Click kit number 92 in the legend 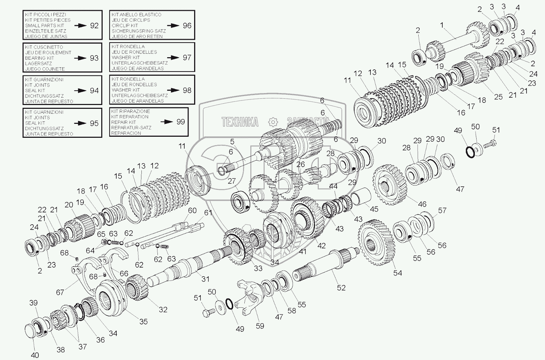pyautogui.click(x=94, y=25)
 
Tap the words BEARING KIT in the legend pyautogui.click(x=39, y=58)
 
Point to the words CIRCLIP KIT pyautogui.click(x=125, y=25)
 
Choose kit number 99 pyautogui.click(x=181, y=121)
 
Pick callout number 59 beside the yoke pyautogui.click(x=260, y=326)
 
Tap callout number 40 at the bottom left pyautogui.click(x=35, y=355)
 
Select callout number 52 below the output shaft pyautogui.click(x=341, y=287)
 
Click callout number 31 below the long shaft pyautogui.click(x=205, y=279)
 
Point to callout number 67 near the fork pyautogui.click(x=60, y=292)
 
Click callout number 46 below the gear pyautogui.click(x=422, y=204)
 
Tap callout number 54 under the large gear pyautogui.click(x=398, y=273)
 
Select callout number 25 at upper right pyautogui.click(x=498, y=97)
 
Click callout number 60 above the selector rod pyautogui.click(x=192, y=210)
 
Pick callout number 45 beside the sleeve pyautogui.click(x=374, y=209)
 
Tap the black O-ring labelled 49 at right pyautogui.click(x=470, y=152)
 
